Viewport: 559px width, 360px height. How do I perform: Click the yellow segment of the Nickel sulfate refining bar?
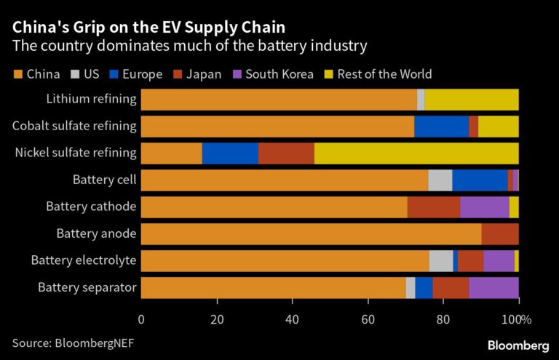pyautogui.click(x=416, y=153)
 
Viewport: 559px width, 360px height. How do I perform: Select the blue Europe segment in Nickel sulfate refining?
pyautogui.click(x=230, y=153)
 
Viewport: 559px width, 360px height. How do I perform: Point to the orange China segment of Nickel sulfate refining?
pyautogui.click(x=171, y=153)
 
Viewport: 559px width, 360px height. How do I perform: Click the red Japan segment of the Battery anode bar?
pyautogui.click(x=500, y=234)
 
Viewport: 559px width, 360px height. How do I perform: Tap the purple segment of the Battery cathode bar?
pyautogui.click(x=484, y=207)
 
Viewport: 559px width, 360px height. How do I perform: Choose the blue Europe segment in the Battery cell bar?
pyautogui.click(x=480, y=180)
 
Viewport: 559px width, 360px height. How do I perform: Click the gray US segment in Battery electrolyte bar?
pyautogui.click(x=441, y=261)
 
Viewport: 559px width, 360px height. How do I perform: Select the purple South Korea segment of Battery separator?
pyautogui.click(x=493, y=288)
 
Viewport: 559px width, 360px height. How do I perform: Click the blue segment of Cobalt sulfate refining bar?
pyautogui.click(x=441, y=127)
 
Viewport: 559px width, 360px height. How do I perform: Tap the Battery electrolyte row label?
pyautogui.click(x=84, y=260)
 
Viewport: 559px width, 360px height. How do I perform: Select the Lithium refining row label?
pyautogui.click(x=91, y=99)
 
